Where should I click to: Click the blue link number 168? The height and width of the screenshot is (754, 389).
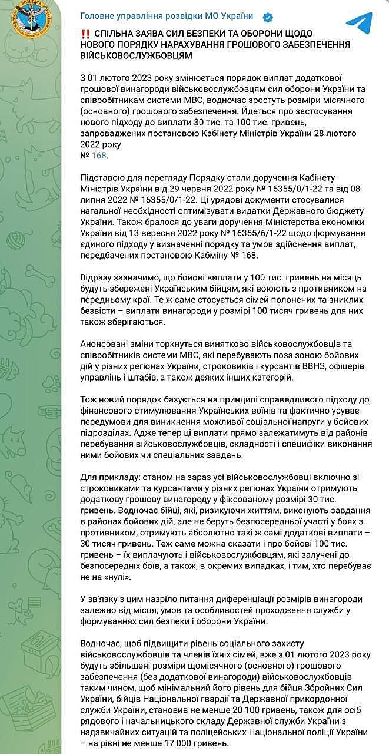click(x=100, y=156)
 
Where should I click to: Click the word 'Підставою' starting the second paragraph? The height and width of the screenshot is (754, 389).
click(x=100, y=177)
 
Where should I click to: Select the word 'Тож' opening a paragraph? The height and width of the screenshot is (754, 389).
click(x=87, y=400)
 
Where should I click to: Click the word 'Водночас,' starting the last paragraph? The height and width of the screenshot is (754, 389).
click(x=99, y=644)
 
